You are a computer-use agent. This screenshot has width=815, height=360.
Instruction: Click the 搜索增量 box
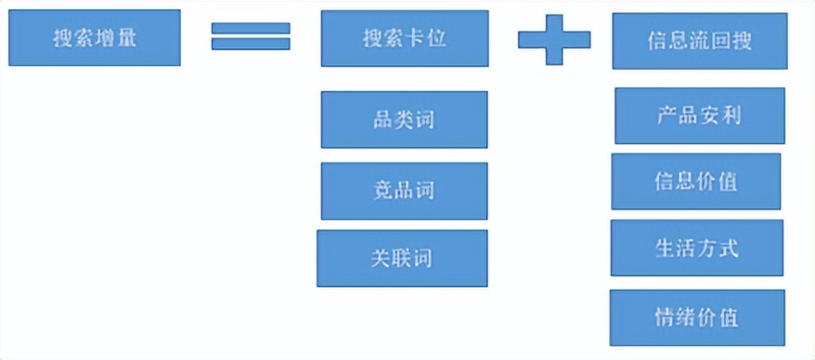tap(94, 38)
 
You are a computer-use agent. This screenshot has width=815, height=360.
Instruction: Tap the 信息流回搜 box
tap(699, 41)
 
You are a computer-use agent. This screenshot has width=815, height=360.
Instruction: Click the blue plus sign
tap(553, 40)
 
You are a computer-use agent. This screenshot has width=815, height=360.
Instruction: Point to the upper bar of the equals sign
tap(251, 28)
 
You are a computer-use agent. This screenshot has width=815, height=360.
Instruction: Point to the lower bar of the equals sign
tap(251, 44)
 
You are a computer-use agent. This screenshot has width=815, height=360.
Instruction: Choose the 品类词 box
tap(404, 120)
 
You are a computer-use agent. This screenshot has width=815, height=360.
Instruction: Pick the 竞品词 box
tap(404, 191)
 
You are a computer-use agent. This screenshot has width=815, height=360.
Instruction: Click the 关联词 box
tap(402, 258)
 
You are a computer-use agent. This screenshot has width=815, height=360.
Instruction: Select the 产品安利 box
tap(699, 116)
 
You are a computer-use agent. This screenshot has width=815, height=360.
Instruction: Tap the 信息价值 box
tap(696, 181)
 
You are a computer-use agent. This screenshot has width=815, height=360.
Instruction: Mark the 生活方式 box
tap(696, 248)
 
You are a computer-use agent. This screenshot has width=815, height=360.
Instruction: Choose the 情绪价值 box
tap(696, 317)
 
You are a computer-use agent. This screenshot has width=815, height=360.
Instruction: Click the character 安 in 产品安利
tap(707, 116)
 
